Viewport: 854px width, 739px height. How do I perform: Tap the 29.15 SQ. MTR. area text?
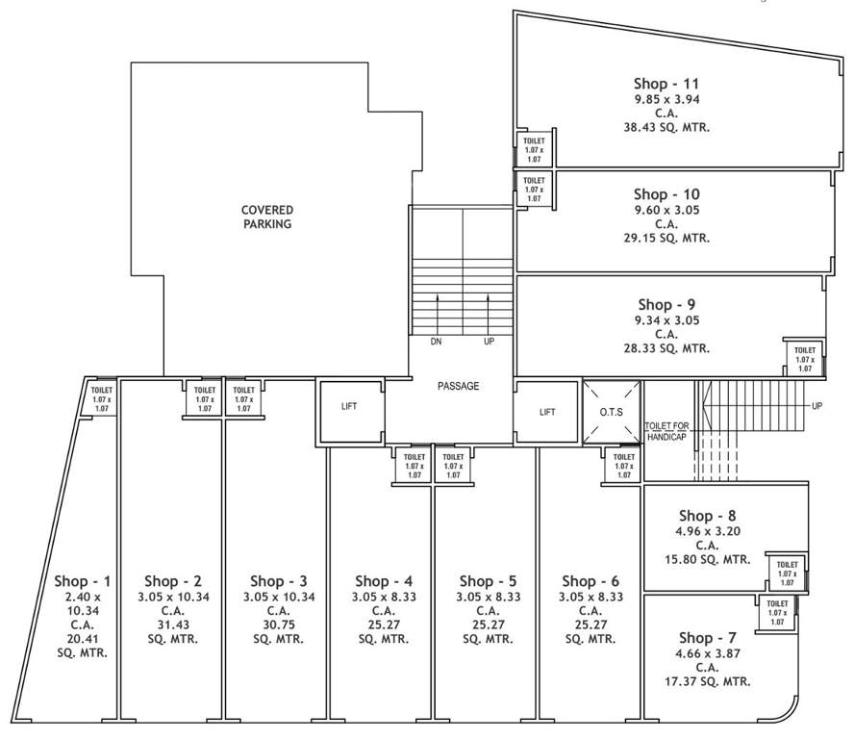coord(666,238)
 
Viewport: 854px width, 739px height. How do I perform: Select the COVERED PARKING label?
coord(267,217)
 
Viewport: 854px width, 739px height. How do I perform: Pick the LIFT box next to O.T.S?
coord(547,412)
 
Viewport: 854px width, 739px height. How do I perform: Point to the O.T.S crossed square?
coord(613,413)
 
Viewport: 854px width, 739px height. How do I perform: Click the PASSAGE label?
coord(458,386)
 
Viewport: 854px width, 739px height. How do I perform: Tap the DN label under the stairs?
coord(437,342)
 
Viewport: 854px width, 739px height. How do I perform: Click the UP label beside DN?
coord(489,342)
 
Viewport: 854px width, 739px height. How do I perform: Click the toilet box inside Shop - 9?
coord(804,358)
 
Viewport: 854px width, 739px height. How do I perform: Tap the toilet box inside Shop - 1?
coord(102,396)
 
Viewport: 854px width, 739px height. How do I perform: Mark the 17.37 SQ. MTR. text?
coord(709,681)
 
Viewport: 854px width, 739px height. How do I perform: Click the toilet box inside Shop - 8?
coord(787,573)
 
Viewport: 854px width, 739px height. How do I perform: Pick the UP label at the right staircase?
coord(816,406)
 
